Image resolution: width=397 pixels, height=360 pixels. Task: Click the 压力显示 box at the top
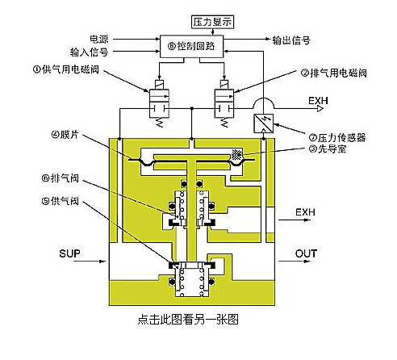click(212, 22)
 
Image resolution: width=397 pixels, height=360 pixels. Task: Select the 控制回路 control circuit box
click(192, 46)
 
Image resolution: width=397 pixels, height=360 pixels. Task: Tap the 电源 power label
click(99, 40)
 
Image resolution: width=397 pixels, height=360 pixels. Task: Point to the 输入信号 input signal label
click(89, 52)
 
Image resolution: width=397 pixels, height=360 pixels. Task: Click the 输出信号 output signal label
click(291, 40)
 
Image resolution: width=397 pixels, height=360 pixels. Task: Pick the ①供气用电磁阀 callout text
click(66, 69)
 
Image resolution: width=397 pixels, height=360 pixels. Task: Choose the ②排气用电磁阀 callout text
click(333, 73)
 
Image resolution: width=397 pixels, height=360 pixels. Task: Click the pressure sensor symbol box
click(264, 123)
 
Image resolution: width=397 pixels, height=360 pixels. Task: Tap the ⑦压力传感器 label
click(337, 137)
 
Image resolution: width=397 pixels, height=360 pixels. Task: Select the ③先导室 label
click(328, 149)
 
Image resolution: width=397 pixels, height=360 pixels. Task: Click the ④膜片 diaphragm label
click(65, 135)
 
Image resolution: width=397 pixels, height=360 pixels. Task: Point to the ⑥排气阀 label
click(61, 178)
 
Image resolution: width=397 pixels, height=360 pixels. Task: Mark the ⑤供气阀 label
click(61, 201)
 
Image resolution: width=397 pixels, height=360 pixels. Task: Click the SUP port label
click(69, 253)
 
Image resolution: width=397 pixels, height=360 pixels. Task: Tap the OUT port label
click(306, 253)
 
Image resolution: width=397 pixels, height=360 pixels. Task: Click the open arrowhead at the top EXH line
click(320, 108)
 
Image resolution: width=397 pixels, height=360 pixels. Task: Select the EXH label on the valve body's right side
click(305, 212)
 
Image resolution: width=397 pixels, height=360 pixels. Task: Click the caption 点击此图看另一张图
click(188, 320)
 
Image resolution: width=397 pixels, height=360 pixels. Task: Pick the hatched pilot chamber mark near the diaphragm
click(237, 155)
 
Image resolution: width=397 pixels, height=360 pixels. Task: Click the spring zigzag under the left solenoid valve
click(159, 123)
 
